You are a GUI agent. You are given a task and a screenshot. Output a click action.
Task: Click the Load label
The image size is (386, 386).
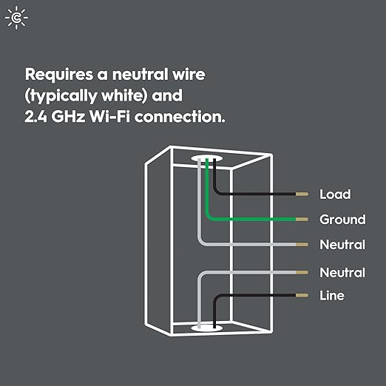(x=334, y=194)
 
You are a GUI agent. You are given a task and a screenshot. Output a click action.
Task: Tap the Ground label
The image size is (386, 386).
(x=342, y=220)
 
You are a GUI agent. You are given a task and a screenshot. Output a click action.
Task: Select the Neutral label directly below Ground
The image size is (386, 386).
(x=342, y=245)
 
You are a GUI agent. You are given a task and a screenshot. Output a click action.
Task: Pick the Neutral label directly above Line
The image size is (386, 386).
(x=342, y=273)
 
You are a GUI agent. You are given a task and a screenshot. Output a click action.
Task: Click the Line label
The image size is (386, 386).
(x=331, y=296)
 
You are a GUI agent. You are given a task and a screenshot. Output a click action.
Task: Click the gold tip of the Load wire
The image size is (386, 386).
(x=302, y=195)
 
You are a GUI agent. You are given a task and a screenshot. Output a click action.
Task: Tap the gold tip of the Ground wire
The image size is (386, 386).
(x=302, y=219)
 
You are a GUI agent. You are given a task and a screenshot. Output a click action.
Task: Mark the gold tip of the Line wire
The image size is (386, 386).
(x=302, y=295)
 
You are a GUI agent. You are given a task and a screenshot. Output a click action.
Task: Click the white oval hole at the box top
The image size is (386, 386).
(x=209, y=159)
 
